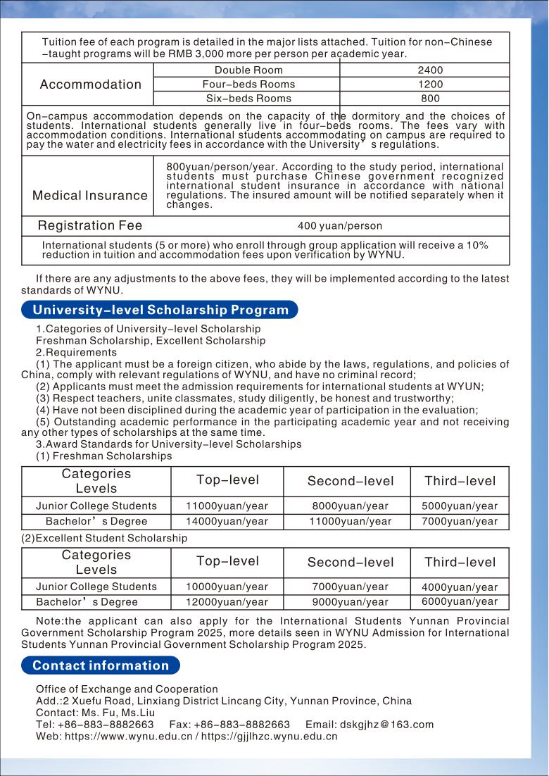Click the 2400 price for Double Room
pos(430,70)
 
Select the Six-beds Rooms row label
pos(248,99)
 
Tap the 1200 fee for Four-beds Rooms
pos(430,85)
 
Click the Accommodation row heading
pos(91,85)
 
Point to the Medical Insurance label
pos(90,196)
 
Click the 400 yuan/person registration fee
pos(340,226)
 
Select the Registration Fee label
pos(90,226)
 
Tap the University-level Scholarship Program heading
pos(160,310)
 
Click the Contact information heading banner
pos(101,665)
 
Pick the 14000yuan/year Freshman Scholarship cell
pos(227,522)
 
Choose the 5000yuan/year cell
pos(460,506)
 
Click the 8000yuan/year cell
pos(350,506)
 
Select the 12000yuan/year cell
pos(227,602)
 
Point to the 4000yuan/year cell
pos(460,587)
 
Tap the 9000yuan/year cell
pos(350,602)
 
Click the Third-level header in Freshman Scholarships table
pos(460,482)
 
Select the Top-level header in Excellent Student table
pos(227,561)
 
